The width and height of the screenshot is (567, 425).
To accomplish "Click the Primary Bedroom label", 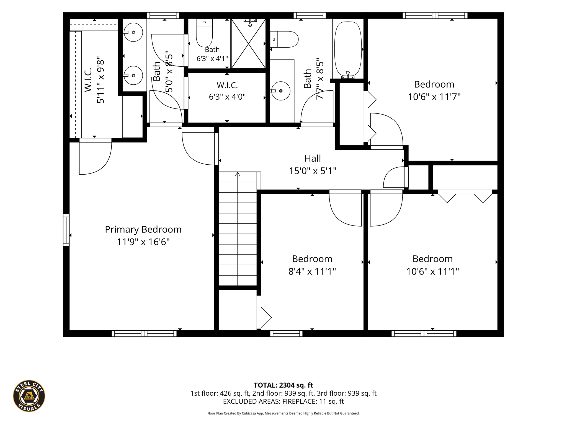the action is point(143,229).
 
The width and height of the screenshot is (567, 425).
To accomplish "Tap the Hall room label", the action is point(313,159).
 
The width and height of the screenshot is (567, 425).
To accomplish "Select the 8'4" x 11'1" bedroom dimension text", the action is point(312,271).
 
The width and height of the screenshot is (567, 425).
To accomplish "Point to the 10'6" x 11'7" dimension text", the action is point(434,97).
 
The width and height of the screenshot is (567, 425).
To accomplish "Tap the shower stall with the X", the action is point(248,43).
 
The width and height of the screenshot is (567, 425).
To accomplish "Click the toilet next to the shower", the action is point(204,33).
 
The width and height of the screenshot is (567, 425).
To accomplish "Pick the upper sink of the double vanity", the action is point(133,32).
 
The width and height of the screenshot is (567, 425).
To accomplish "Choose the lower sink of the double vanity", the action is point(133,75).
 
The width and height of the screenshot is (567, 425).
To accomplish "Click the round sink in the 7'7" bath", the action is point(281,91).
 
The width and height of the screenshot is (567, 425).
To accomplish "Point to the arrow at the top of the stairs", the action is point(238,174).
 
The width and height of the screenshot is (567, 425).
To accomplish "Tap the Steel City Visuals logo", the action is point(29,396).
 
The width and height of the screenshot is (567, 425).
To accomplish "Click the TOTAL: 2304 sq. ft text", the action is point(283,385).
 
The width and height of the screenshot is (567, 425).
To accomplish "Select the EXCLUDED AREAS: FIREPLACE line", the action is point(283,401).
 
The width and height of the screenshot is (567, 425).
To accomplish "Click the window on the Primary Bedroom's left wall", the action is point(66,230).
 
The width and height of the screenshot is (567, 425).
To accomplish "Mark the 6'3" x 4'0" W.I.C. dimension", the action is point(227,97).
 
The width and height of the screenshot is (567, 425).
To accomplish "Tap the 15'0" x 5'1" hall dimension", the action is point(313,171).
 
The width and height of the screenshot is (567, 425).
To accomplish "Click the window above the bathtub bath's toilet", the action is point(310,15).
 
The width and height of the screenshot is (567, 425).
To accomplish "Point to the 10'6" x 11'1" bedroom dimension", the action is point(432,271).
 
